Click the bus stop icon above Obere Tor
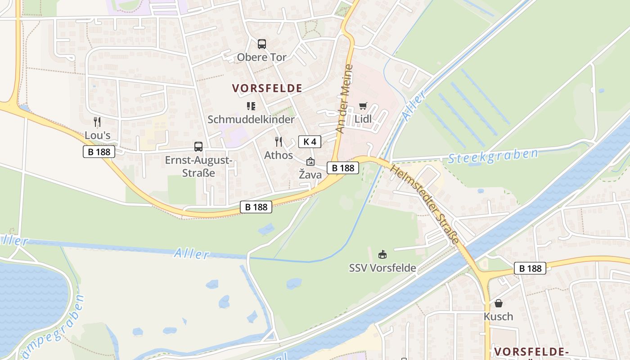(x=262, y=44)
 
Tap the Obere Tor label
(x=262, y=57)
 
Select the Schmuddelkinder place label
(x=251, y=119)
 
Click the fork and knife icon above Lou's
(x=97, y=121)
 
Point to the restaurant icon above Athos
(x=279, y=142)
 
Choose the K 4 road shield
(x=310, y=142)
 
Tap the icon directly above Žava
(x=310, y=162)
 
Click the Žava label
(x=310, y=175)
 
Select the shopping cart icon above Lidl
(x=363, y=106)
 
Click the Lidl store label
(x=363, y=119)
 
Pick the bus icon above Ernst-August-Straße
(x=198, y=147)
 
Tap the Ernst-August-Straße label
(x=198, y=166)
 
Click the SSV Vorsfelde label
(x=382, y=268)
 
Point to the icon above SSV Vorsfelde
(x=382, y=255)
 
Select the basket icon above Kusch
(x=498, y=303)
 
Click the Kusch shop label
(x=498, y=316)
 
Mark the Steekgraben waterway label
(x=493, y=156)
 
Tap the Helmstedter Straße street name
(x=425, y=204)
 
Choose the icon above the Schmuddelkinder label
(x=251, y=106)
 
